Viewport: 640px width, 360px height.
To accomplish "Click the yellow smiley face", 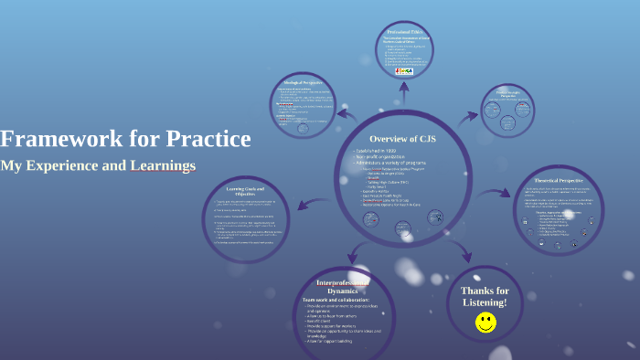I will pyautogui.click(x=485, y=322).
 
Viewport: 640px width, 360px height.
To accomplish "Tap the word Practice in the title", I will pyautogui.click(x=208, y=139).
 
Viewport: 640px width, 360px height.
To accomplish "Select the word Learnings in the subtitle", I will pyautogui.click(x=163, y=166).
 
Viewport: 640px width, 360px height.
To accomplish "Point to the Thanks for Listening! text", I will pyautogui.click(x=485, y=296).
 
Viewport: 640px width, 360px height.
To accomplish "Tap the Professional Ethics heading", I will pyautogui.click(x=404, y=31).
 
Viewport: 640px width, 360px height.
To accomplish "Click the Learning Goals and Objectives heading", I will pyautogui.click(x=253, y=191).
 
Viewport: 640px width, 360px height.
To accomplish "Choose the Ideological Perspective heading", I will pyautogui.click(x=304, y=83).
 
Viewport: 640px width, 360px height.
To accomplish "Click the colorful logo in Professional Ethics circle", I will pyautogui.click(x=404, y=70).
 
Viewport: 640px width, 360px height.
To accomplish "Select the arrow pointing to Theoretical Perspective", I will pyautogui.click(x=499, y=193).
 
